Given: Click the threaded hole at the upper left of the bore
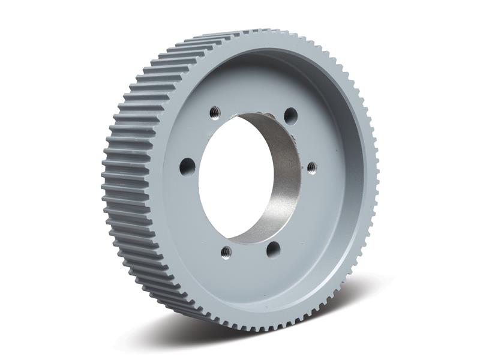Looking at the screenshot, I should click(214, 111).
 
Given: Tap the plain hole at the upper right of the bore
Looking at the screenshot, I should click(290, 114).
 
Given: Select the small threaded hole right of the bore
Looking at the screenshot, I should click(311, 167).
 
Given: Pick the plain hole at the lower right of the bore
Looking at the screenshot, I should click(273, 248).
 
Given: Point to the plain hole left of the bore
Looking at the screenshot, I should click(187, 166).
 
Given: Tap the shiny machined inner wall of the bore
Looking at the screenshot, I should click(282, 180).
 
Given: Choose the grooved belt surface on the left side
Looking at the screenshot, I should click(129, 180).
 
